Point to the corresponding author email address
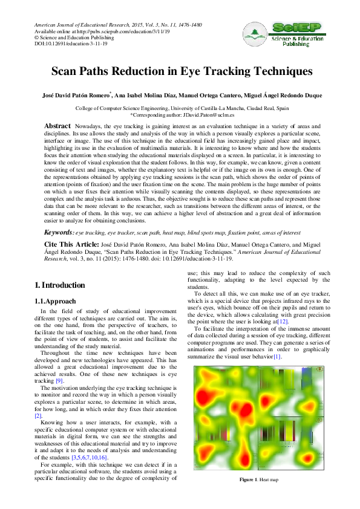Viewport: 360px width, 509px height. tap(200, 114)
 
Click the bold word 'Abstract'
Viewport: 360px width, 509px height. tap(59, 125)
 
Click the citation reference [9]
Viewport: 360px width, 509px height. tap(59, 381)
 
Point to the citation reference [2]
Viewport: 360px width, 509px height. tap(38, 416)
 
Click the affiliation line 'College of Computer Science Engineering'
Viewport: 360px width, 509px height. tap(182, 108)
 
